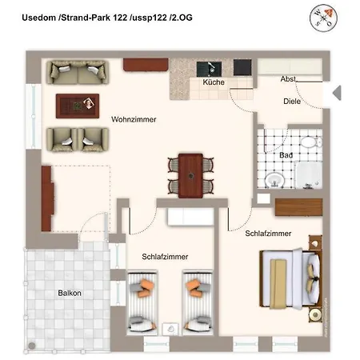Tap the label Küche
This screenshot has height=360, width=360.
tap(213, 82)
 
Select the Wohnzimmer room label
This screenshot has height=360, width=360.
tap(133, 119)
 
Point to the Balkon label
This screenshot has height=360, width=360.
tap(69, 293)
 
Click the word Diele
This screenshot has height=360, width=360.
tap(292, 102)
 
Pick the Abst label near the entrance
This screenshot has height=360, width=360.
tap(289, 79)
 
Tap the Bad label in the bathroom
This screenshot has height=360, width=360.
tap(286, 154)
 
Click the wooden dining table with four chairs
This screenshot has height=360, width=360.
tap(191, 174)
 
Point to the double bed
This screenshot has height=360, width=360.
tap(290, 276)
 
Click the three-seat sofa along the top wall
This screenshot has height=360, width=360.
tap(78, 71)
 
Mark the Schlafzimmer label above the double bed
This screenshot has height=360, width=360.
tap(268, 234)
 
